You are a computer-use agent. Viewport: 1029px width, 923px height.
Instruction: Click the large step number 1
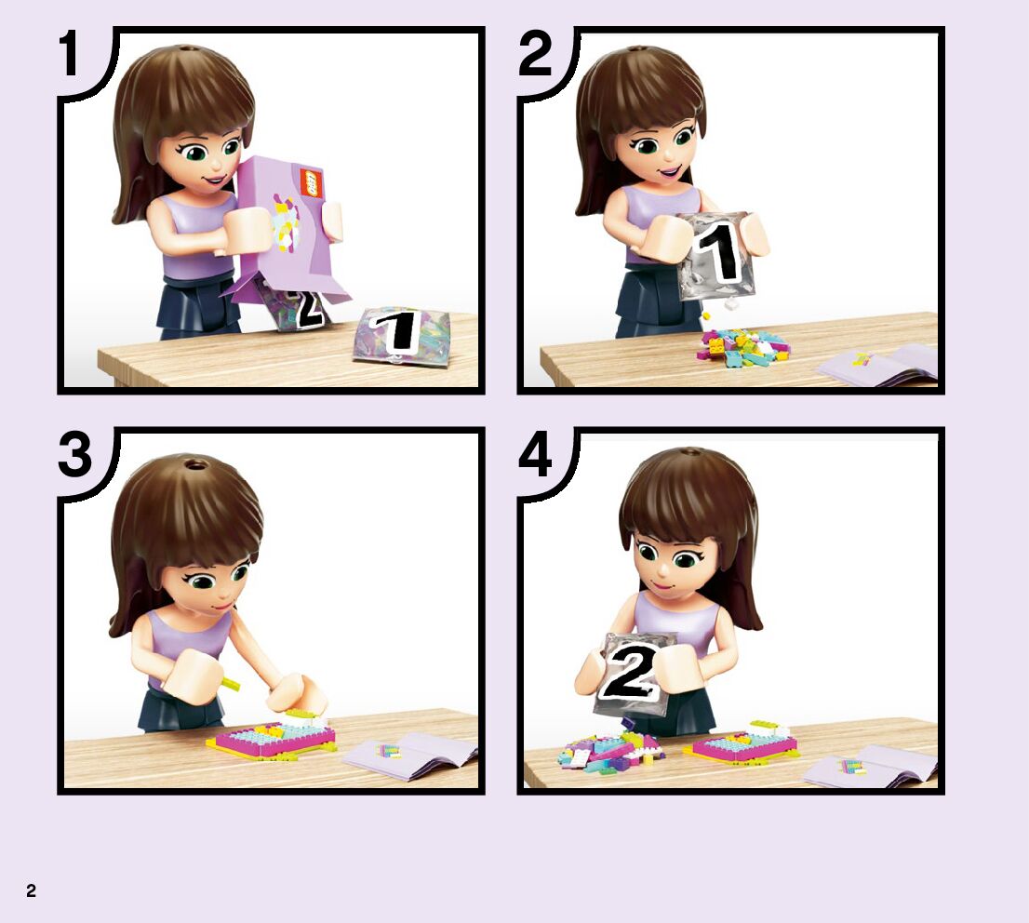point(69,55)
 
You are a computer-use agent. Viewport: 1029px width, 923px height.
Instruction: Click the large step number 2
point(535,54)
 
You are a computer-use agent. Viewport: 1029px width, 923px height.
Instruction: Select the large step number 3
point(74,455)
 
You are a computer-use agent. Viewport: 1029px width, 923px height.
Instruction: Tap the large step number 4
point(535,455)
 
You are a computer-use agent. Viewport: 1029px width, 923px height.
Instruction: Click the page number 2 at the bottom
point(31,890)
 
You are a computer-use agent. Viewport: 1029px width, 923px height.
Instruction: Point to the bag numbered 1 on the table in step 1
point(400,334)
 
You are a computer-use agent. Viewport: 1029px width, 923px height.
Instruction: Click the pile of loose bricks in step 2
point(742,347)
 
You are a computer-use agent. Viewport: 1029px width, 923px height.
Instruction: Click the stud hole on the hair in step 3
point(194,465)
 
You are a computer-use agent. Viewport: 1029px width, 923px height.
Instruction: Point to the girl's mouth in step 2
point(670,173)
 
